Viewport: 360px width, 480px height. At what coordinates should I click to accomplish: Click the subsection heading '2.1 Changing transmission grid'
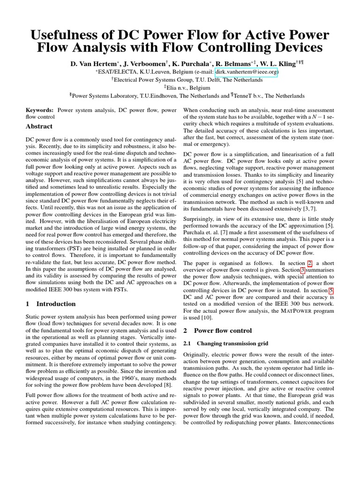(225, 344)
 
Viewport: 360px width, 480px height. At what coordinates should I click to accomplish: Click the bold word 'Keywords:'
(40, 110)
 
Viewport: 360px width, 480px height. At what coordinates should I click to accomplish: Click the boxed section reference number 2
(310, 264)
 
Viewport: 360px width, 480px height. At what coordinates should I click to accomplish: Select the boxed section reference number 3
(303, 270)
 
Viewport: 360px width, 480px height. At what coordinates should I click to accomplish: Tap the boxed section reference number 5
(331, 291)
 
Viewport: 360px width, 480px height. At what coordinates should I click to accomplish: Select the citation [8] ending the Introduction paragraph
(171, 382)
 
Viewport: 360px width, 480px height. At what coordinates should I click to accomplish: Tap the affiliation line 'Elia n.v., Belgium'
(180, 88)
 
